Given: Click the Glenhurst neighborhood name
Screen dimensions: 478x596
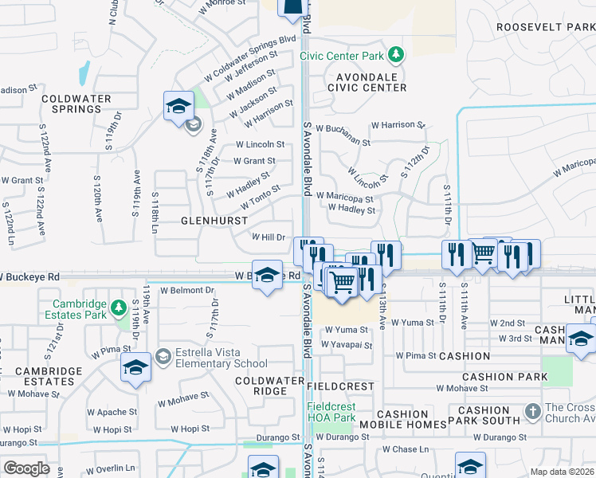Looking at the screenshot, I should point(213,219).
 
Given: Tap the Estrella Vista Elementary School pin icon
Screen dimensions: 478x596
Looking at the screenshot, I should point(163,355).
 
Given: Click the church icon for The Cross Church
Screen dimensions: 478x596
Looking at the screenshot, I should point(533,413).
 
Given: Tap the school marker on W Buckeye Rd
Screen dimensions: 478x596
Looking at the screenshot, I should point(267,275).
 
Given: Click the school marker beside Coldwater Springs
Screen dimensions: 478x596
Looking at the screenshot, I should point(178,106).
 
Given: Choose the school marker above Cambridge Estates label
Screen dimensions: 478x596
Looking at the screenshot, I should point(135,368).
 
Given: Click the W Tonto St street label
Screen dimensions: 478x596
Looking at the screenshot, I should point(255,193).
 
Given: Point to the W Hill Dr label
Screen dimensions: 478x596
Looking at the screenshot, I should point(269,237).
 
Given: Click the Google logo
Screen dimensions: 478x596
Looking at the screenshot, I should point(26,468).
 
